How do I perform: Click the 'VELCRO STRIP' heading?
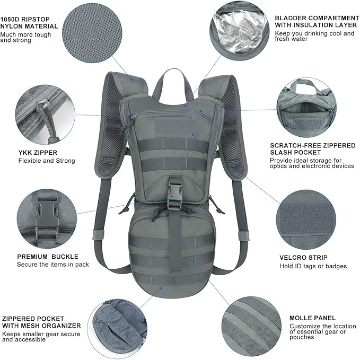click(x=303, y=258)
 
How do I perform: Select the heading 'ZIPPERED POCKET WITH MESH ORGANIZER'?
click(x=41, y=321)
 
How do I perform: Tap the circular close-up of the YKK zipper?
click(x=45, y=117)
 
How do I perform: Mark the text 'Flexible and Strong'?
click(x=47, y=161)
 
